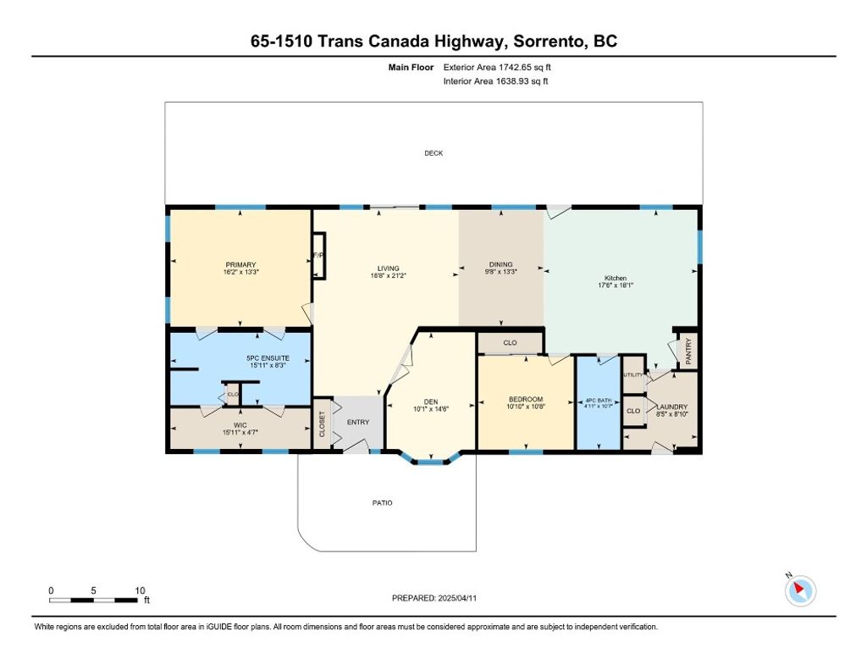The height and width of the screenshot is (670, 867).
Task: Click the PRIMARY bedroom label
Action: (x=240, y=265)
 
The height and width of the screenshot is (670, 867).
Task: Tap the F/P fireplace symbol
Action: (x=318, y=256)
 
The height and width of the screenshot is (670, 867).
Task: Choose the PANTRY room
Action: (x=688, y=352)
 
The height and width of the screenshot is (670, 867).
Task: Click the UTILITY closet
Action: (x=633, y=375)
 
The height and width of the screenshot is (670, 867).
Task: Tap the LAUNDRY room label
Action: (x=672, y=407)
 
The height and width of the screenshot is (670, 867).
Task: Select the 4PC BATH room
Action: (x=599, y=403)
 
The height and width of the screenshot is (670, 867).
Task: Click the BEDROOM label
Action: (x=526, y=399)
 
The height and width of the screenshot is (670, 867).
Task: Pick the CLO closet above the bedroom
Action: (x=510, y=343)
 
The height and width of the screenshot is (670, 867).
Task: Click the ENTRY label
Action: (x=358, y=422)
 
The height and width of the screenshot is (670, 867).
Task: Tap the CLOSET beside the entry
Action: (x=322, y=424)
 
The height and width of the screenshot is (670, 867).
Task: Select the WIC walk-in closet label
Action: (x=240, y=425)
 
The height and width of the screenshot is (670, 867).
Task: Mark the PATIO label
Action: (x=382, y=503)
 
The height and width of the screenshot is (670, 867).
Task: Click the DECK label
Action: (x=433, y=153)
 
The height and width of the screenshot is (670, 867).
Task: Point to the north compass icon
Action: (x=799, y=590)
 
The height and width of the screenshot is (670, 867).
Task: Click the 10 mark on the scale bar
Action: (x=140, y=590)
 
